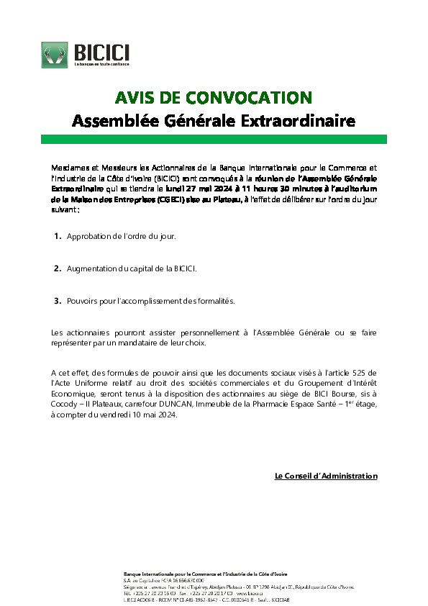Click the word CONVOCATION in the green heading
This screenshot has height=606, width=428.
point(248,98)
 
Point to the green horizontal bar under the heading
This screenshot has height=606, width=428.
point(214,139)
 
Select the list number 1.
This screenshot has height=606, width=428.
point(57,236)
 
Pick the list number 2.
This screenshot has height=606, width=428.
point(57,268)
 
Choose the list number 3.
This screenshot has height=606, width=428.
point(57,301)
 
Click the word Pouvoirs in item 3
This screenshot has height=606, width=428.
point(82,301)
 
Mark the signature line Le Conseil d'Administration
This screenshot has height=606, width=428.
point(326,476)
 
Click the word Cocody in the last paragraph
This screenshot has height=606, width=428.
point(64,404)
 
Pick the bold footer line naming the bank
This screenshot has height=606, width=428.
point(206,573)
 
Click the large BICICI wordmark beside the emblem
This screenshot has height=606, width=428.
point(101,51)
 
